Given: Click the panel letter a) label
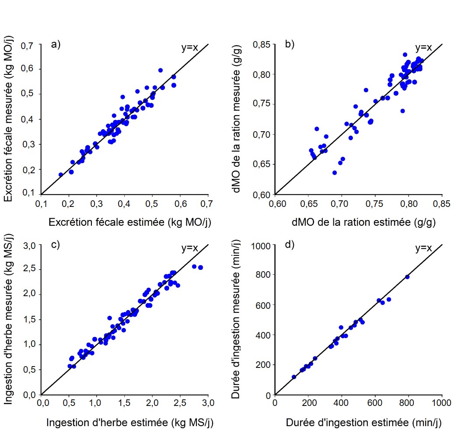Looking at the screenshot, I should pyautogui.click(x=56, y=44).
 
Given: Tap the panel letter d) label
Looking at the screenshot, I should pyautogui.click(x=290, y=245).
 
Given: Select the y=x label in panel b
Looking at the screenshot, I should pyautogui.click(x=423, y=47).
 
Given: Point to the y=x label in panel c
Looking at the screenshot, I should pyautogui.click(x=190, y=248).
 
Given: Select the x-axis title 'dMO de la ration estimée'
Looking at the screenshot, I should pyautogui.click(x=359, y=222).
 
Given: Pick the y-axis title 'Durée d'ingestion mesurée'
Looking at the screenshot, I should pyautogui.click(x=236, y=320).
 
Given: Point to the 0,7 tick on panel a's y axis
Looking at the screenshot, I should pyautogui.click(x=30, y=45).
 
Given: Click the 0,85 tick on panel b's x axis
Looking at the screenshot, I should pyautogui.click(x=441, y=204).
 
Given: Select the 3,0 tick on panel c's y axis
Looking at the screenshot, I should pyautogui.click(x=30, y=245).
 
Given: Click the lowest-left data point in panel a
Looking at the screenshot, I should pyautogui.click(x=61, y=175).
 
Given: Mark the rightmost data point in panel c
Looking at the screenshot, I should pyautogui.click(x=200, y=267).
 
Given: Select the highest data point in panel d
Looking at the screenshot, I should pyautogui.click(x=407, y=277).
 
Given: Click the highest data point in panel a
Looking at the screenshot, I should pyautogui.click(x=161, y=70).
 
